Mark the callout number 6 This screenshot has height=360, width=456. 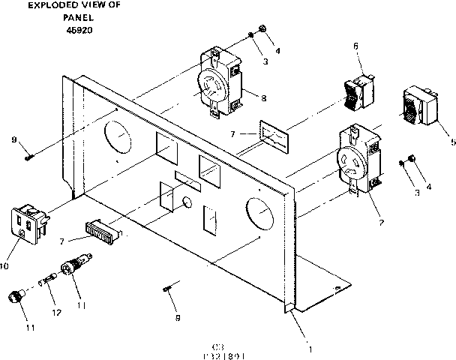(x=355, y=46)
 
